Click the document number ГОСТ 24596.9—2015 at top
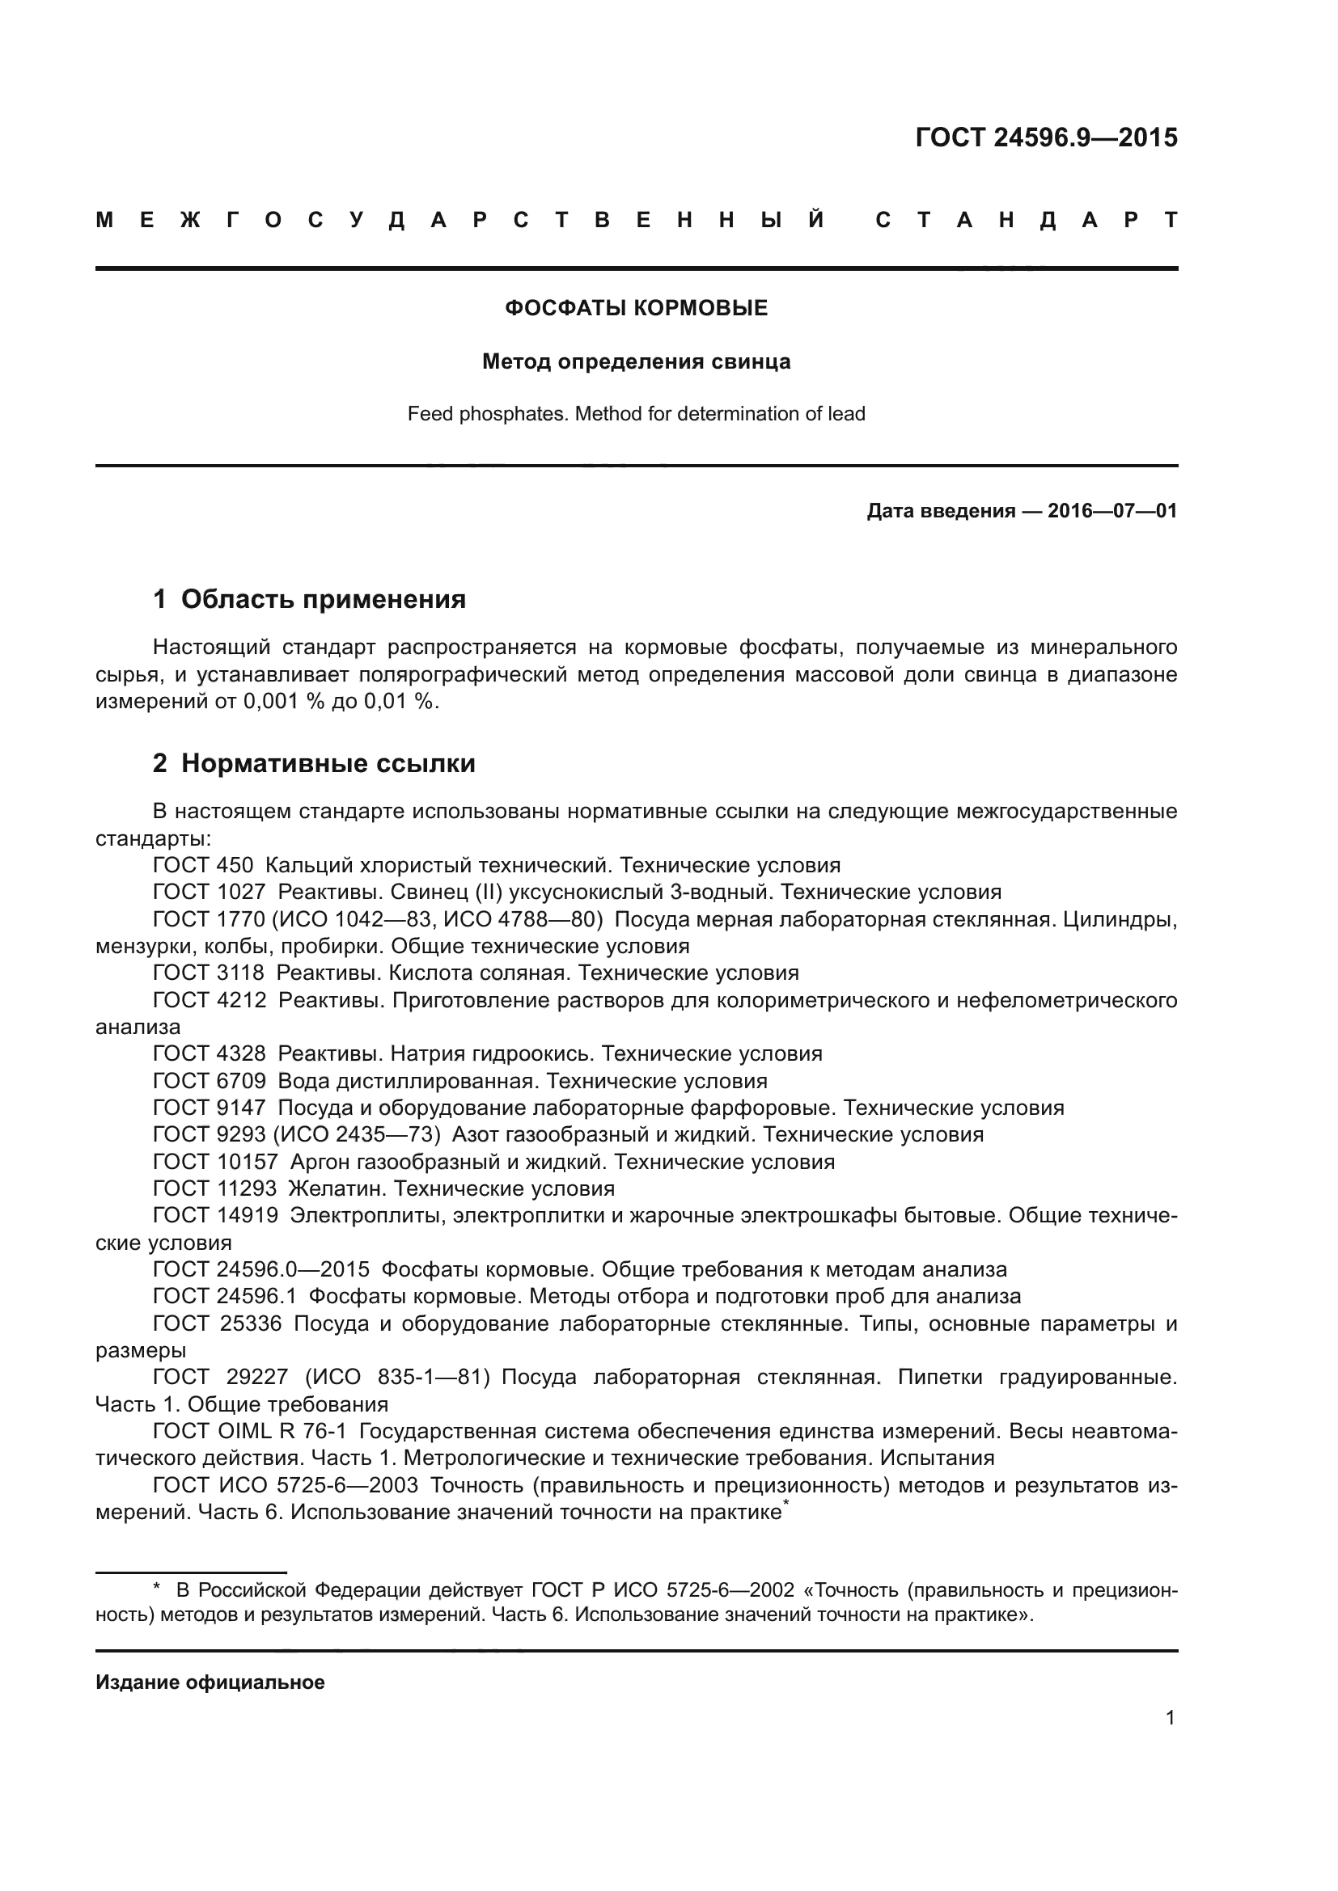pos(1045,137)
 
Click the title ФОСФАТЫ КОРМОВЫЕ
pos(636,308)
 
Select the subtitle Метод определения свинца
pos(636,361)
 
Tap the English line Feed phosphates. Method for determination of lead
pos(636,413)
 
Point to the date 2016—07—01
pos(1111,511)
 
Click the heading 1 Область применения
pos(309,599)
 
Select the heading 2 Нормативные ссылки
pos(314,763)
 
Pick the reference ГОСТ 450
pos(204,865)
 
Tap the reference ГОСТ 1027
pos(210,892)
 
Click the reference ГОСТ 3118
pos(210,973)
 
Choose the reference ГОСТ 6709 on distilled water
pos(210,1081)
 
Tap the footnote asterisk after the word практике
pos(786,1505)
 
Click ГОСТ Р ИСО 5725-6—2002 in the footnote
pos(663,1589)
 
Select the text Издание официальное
pos(210,1682)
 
